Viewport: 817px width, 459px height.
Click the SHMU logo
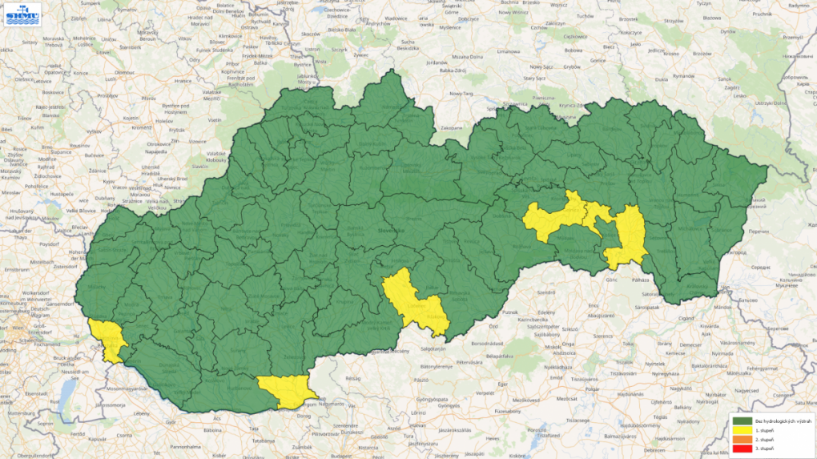click(x=19, y=16)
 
